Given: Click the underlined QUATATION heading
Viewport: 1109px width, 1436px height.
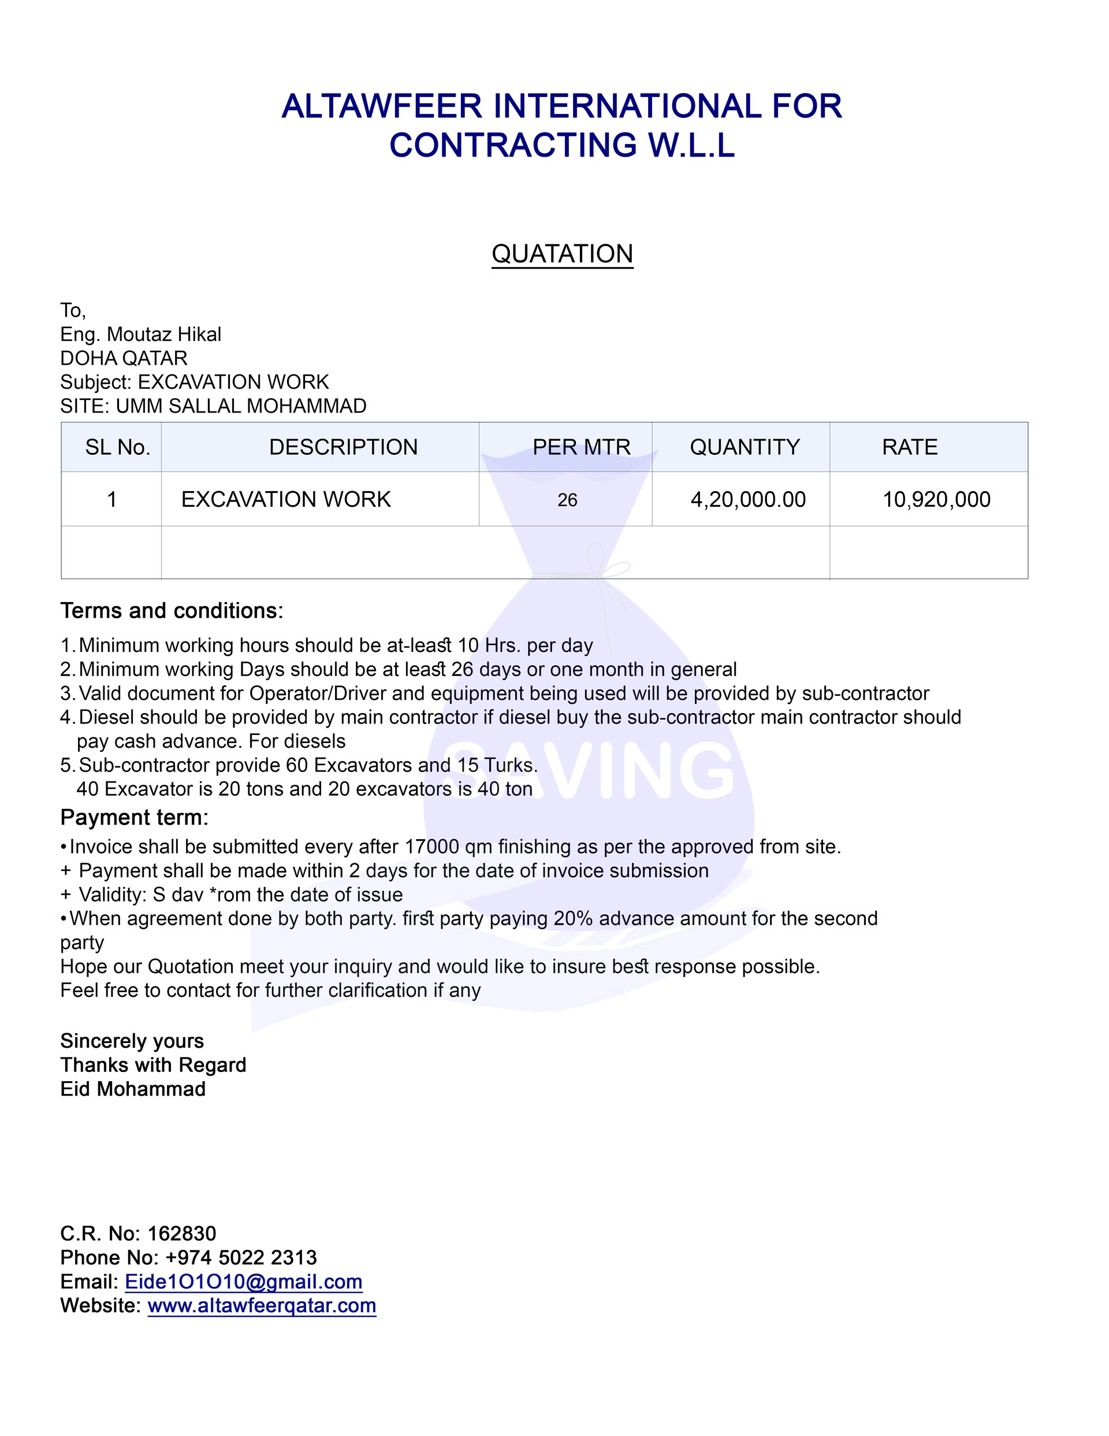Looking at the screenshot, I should pyautogui.click(x=562, y=254).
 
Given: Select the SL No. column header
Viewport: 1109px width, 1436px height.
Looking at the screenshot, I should pyautogui.click(x=118, y=447).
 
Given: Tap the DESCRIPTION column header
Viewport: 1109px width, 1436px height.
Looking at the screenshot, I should pyautogui.click(x=343, y=447).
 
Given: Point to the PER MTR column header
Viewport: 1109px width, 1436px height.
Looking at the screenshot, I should pyautogui.click(x=581, y=447).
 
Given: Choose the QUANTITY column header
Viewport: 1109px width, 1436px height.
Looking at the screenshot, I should pyautogui.click(x=744, y=447).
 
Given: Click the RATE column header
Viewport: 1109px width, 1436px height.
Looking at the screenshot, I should pyautogui.click(x=909, y=447).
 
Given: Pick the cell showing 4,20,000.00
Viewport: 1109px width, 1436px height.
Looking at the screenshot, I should pyautogui.click(x=747, y=500).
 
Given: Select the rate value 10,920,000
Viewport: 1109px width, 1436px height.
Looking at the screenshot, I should pyautogui.click(x=936, y=500).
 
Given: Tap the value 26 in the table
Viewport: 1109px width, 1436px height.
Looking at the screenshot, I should pyautogui.click(x=567, y=500).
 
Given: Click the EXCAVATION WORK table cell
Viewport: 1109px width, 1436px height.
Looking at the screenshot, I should pyautogui.click(x=286, y=500).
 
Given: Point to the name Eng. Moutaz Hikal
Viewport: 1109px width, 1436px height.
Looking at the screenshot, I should pyautogui.click(x=141, y=335).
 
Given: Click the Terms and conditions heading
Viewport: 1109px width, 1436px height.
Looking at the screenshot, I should pyautogui.click(x=172, y=611).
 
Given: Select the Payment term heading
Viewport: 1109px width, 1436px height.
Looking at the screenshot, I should pyautogui.click(x=134, y=817).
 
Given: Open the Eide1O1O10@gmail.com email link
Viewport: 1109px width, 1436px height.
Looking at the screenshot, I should pyautogui.click(x=243, y=1282).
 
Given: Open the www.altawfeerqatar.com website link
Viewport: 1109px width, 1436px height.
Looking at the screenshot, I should pyautogui.click(x=262, y=1305).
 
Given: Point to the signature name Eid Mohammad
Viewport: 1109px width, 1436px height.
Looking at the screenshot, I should pyautogui.click(x=133, y=1089).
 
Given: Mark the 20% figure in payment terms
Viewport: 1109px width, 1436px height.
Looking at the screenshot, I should pyautogui.click(x=573, y=919).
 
